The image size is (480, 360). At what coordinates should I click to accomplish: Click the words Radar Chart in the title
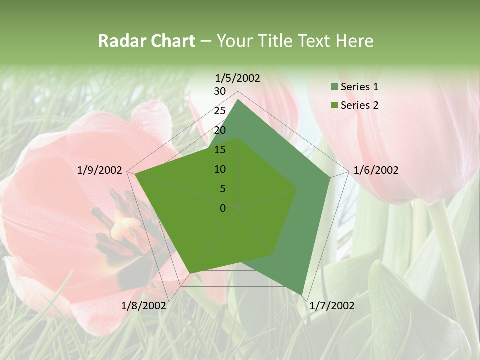(x=146, y=41)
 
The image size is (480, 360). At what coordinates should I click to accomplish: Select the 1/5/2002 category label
(x=237, y=78)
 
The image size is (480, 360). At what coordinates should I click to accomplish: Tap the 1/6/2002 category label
(x=376, y=170)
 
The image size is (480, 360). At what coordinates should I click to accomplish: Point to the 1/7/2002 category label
(x=332, y=306)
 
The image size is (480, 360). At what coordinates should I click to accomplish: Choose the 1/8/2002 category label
(x=144, y=306)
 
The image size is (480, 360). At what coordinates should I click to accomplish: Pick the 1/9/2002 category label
(x=100, y=170)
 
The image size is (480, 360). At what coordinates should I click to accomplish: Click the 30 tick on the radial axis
(x=220, y=91)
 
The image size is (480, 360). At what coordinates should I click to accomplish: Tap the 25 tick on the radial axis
(x=220, y=111)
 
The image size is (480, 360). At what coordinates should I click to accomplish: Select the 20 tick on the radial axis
(x=220, y=130)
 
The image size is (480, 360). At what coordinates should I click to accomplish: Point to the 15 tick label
(x=220, y=150)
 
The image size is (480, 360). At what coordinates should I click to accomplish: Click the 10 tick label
(x=220, y=169)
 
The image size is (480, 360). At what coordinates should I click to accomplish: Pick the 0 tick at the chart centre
(x=223, y=208)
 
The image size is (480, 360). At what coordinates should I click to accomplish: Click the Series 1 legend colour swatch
(x=334, y=87)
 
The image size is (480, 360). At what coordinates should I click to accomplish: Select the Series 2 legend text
(x=359, y=105)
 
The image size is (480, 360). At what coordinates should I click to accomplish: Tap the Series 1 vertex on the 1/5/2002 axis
(x=238, y=100)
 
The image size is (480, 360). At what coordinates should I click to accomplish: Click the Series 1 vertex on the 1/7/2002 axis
(x=302, y=294)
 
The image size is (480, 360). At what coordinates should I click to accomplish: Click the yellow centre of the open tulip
(x=120, y=227)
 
